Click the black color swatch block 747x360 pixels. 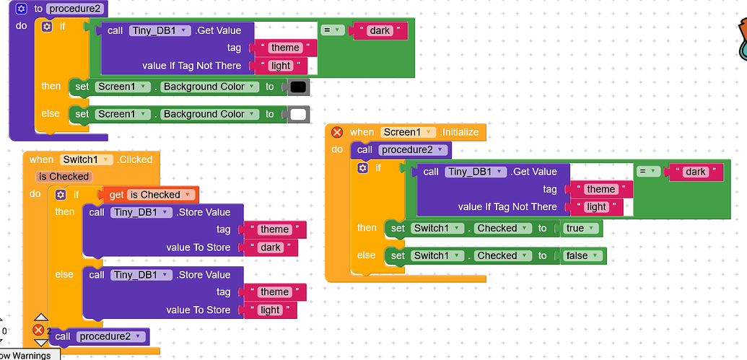point(298,87)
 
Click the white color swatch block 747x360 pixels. point(298,114)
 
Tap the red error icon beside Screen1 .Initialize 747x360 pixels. point(337,132)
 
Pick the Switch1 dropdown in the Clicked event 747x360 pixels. point(86,159)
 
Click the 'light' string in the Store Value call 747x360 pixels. point(270,310)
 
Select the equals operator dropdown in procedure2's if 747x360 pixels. point(332,30)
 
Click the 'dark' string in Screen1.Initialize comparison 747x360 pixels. point(696,172)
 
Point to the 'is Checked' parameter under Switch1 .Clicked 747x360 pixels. point(64,177)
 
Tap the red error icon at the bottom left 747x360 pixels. point(38,330)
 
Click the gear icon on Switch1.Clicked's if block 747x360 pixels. point(61,195)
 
